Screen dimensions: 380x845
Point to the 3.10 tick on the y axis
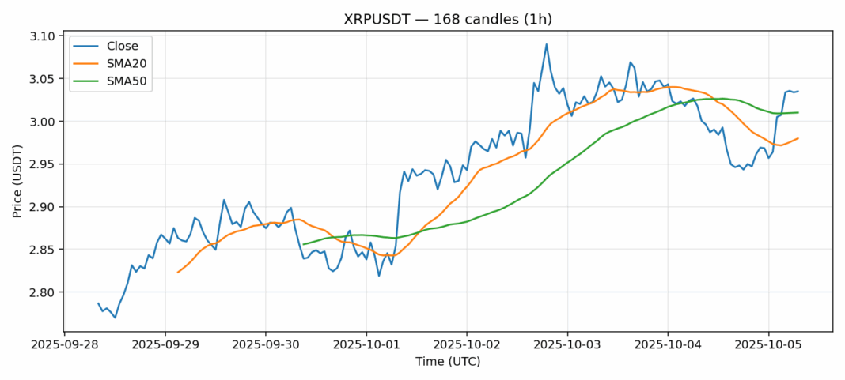tap(42, 36)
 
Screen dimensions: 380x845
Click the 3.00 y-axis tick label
tap(42, 122)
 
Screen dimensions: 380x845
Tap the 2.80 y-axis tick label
tap(42, 292)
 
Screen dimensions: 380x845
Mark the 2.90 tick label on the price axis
tap(42, 207)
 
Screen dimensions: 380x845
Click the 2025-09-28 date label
tap(65, 344)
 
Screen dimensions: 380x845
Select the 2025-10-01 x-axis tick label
tap(366, 344)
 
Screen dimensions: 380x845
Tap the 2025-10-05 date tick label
tap(768, 344)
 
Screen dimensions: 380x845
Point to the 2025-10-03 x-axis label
tap(567, 344)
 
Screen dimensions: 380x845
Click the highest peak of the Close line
tap(546, 44)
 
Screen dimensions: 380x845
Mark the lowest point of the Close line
tap(116, 318)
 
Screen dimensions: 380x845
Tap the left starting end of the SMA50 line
tap(304, 244)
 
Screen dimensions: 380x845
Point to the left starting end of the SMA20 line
tap(178, 273)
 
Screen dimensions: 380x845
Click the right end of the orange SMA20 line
tap(798, 138)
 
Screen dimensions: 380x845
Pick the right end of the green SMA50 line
tap(798, 112)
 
